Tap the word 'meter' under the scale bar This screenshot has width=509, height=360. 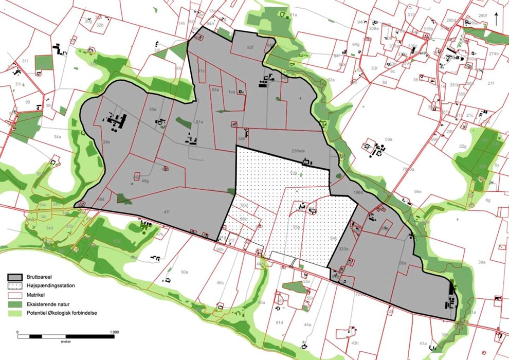point(65,342)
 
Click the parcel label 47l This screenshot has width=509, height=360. point(167,211)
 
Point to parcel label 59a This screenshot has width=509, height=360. point(389,139)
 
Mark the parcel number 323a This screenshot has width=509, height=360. point(343,249)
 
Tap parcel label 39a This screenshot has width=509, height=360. point(481,262)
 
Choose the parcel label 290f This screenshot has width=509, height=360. point(482,16)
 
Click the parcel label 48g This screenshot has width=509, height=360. point(146,181)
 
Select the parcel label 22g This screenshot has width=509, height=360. point(463,146)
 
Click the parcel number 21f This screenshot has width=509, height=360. point(490,83)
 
